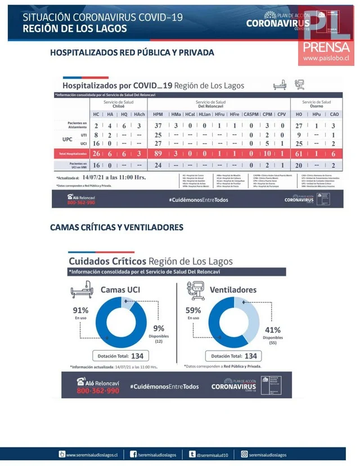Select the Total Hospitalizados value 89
158,153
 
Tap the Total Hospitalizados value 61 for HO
299,153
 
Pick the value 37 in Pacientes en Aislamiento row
158,126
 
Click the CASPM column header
251,114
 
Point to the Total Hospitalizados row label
71,153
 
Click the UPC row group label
67,139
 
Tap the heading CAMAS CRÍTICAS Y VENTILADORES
116,227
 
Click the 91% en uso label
80,313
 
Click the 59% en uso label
193,313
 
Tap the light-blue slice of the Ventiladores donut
252,321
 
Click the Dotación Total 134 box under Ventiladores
232,356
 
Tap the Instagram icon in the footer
245,454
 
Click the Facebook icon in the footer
133,454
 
